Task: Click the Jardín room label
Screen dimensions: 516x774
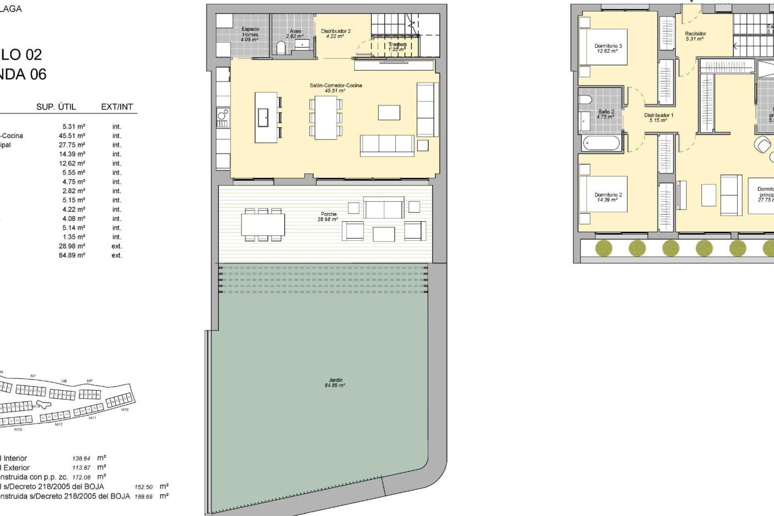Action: coord(335,383)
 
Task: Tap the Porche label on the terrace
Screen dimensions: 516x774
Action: coord(329,216)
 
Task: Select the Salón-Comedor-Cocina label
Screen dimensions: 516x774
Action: coord(335,87)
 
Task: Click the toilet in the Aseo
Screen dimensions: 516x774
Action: coord(281,48)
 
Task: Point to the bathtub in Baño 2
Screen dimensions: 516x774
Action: coord(601,143)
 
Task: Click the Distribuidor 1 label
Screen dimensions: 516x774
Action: coord(658,117)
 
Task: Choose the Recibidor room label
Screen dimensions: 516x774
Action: coord(695,36)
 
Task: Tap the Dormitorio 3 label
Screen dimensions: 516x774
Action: coord(608,48)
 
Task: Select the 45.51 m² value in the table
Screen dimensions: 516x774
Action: coord(72,136)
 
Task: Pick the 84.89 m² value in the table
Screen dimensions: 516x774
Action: coord(72,255)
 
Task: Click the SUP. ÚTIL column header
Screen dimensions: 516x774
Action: coord(56,107)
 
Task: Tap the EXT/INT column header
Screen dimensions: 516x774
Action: coord(117,107)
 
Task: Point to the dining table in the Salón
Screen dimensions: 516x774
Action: coord(326,118)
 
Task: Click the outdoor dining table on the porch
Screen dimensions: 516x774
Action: coord(263,225)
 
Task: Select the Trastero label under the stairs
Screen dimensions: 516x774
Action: coord(397,47)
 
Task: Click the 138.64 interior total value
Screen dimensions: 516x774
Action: coord(81,458)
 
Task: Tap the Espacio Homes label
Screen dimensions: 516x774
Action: coord(250,34)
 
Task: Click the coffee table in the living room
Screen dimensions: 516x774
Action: coord(389,113)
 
